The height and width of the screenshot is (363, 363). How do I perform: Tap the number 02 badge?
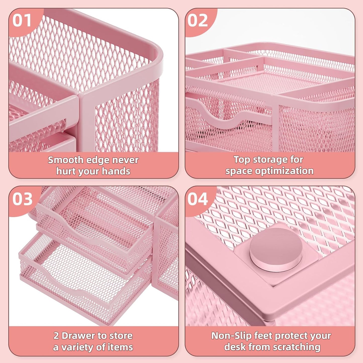click(x=198, y=21)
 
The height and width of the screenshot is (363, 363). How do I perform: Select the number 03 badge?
click(x=22, y=199)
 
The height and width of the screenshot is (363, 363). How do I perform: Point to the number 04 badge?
click(x=198, y=199)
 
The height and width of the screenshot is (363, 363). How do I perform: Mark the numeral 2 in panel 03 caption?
click(x=56, y=336)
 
